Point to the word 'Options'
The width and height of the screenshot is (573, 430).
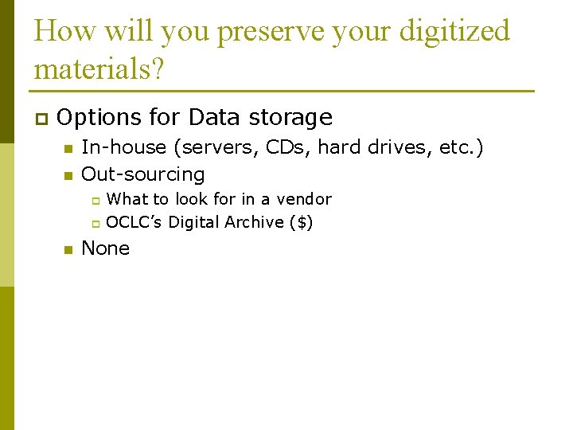[x=99, y=118]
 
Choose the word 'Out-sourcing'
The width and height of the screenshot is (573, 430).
[x=143, y=174]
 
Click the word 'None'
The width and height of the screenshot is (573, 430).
[x=105, y=248]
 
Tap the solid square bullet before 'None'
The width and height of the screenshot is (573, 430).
[x=68, y=250]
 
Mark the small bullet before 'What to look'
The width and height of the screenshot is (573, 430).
[x=95, y=200]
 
